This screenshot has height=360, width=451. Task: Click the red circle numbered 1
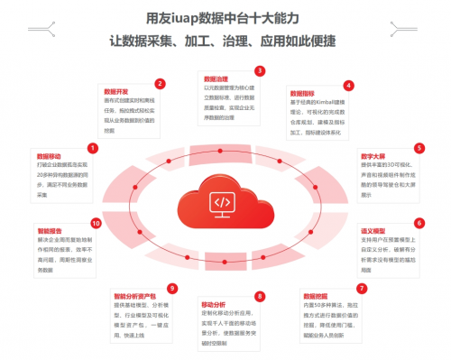tap(92, 147)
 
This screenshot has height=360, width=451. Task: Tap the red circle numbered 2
tap(160, 83)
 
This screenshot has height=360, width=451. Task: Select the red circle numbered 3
tap(260, 70)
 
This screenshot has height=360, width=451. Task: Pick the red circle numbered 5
tap(419, 147)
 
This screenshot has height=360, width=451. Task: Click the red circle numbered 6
tap(419, 222)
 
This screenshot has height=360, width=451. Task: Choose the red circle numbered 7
tap(362, 289)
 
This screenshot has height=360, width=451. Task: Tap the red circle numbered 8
tap(260, 296)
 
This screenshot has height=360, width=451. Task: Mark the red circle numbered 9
tap(171, 289)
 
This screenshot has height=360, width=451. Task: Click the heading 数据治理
tap(216, 79)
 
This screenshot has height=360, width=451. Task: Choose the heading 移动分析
tap(215, 304)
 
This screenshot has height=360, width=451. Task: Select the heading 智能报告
tap(51, 231)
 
